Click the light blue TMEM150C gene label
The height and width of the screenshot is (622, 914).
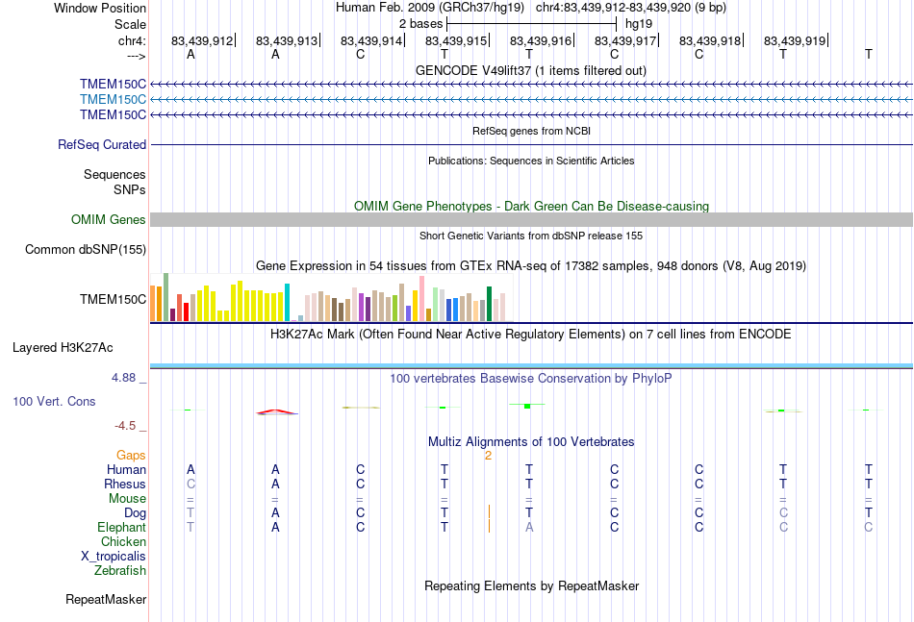pos(114,100)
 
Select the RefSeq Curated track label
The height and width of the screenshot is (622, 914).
pos(102,144)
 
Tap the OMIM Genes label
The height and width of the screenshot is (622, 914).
pos(109,219)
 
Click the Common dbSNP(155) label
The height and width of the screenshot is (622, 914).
pos(86,249)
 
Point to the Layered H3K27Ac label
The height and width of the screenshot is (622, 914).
pos(63,348)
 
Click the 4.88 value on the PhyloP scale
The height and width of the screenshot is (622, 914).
pos(123,378)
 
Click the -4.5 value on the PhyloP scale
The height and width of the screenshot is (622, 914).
pos(125,426)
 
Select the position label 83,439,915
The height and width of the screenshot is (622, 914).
pos(456,40)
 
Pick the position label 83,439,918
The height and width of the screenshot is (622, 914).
pos(710,40)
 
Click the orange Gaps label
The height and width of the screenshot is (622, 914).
pos(131,455)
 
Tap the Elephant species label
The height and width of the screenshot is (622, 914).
pos(122,527)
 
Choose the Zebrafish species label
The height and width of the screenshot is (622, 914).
pos(120,570)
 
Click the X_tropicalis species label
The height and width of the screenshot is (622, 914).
pos(114,557)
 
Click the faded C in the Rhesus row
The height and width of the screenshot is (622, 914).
pos(190,484)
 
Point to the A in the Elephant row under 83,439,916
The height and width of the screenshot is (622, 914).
pos(529,527)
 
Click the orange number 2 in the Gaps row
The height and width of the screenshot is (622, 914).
pos(489,456)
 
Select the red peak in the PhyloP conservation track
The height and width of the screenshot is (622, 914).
pos(277,411)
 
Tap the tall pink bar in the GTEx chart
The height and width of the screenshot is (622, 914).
pos(421,298)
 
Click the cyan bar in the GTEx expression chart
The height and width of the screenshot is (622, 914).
pos(287,302)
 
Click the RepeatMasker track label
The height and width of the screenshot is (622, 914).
pos(106,599)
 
